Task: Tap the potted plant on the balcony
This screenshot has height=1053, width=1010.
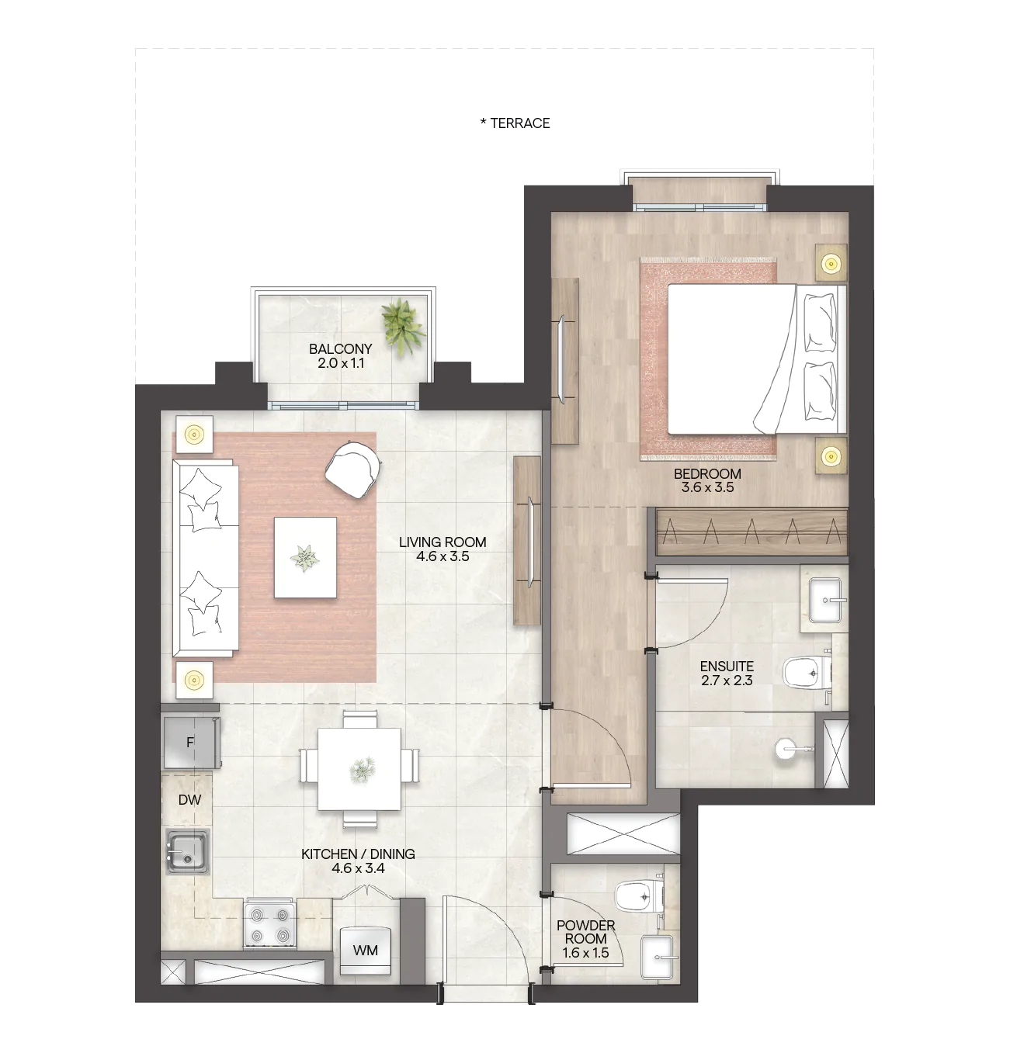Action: tap(403, 327)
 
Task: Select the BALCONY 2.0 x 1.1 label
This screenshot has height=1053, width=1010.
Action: tap(341, 356)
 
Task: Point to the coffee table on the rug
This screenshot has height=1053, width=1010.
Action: tap(305, 557)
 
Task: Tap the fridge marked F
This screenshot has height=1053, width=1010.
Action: tap(191, 742)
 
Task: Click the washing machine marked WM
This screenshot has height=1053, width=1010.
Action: tap(366, 951)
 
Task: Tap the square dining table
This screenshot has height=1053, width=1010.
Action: tap(359, 769)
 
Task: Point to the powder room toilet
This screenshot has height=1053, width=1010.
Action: tap(640, 896)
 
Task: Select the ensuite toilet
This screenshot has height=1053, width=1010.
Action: tap(807, 671)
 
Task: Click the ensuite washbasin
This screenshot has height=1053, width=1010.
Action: tap(825, 600)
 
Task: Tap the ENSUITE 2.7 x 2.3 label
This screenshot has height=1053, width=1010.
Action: tap(727, 673)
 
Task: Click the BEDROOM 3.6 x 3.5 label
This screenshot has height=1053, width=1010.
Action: tap(707, 480)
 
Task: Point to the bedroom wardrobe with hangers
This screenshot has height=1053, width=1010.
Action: tap(751, 532)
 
